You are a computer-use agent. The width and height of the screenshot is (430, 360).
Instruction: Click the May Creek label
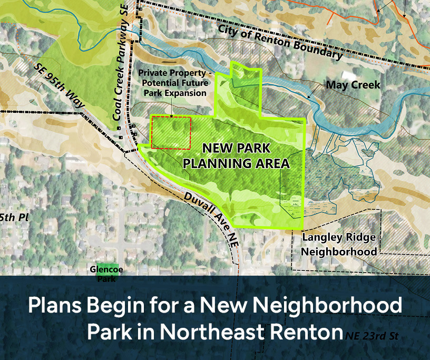pyautogui.click(x=353, y=85)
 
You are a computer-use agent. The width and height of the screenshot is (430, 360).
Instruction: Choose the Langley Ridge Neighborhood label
pyautogui.click(x=339, y=244)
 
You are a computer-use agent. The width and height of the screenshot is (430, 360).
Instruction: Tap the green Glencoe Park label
pyautogui.click(x=106, y=273)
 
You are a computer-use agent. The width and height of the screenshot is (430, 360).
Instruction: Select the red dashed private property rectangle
pyautogui.click(x=171, y=132)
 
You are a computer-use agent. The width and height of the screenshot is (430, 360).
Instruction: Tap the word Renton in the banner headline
pyautogui.click(x=304, y=332)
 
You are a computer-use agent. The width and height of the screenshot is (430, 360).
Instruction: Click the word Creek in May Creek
pyautogui.click(x=365, y=85)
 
